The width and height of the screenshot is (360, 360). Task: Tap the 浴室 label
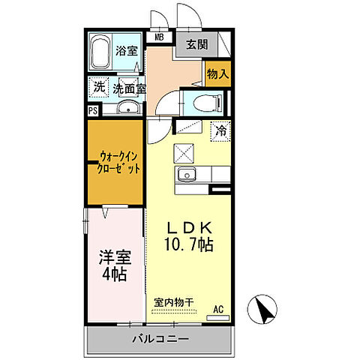click(127, 51)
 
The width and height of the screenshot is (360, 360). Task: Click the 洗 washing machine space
click(98, 88)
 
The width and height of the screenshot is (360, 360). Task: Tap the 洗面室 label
click(129, 88)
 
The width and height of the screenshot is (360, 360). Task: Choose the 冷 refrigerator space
click(220, 130)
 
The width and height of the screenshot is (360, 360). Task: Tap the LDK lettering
click(190, 228)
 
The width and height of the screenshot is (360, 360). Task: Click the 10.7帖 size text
click(190, 245)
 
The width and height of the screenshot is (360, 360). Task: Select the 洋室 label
click(115, 257)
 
